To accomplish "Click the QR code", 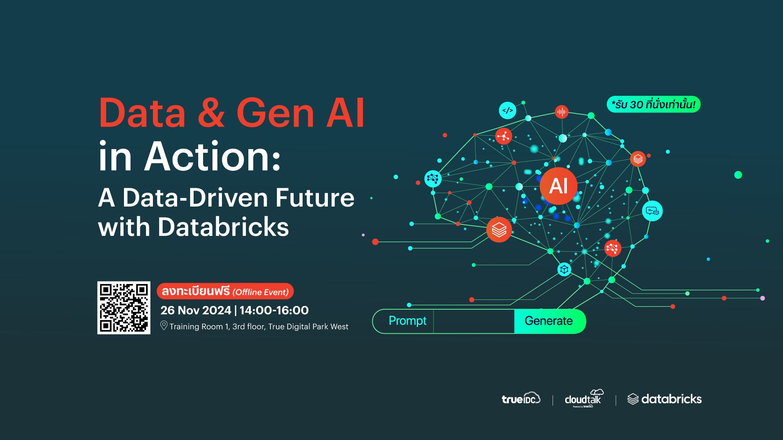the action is click(x=124, y=308).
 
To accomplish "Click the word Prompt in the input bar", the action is click(x=407, y=321).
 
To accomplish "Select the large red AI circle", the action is click(x=558, y=186).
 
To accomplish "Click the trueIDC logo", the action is click(x=521, y=398).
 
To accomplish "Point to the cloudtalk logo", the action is click(x=584, y=398).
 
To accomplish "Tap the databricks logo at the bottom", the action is click(x=664, y=399).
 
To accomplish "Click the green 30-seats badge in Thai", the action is click(x=653, y=104).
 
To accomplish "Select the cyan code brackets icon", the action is click(x=507, y=110).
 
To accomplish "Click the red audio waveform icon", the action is click(x=562, y=112).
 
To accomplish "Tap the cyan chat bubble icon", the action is click(x=652, y=211).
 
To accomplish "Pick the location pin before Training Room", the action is click(x=164, y=326).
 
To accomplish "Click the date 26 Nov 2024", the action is click(x=196, y=310).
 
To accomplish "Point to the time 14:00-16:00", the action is click(x=274, y=310).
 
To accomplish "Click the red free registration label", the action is click(x=225, y=291).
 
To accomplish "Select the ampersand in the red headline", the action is click(x=211, y=113).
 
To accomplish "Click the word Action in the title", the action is click(x=212, y=156).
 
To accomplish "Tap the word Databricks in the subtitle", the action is click(x=223, y=227).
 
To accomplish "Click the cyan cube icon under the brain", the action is click(x=564, y=269).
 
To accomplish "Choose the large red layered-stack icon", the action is click(x=499, y=230).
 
